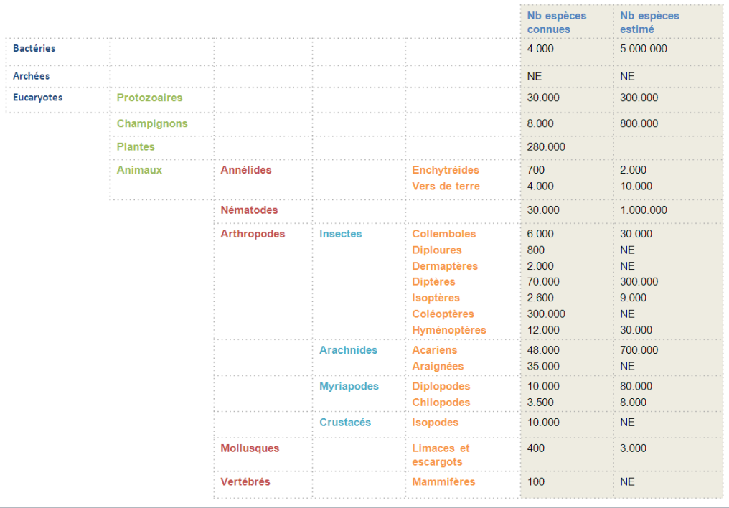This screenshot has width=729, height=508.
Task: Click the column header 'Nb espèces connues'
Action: point(556,22)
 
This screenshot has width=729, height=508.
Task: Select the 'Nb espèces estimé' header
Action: point(649,22)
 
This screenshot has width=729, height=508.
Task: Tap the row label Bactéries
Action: point(34,48)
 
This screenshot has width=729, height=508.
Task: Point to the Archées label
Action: point(31,75)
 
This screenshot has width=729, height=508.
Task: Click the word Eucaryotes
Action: point(37,98)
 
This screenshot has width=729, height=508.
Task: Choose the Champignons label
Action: point(152,123)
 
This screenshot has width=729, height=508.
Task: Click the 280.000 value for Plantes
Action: point(546,146)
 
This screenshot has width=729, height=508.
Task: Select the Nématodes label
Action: point(249,210)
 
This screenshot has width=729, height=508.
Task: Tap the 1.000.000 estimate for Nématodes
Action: point(644,210)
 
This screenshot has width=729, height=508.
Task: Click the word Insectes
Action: point(341,234)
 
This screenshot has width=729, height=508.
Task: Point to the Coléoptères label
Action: point(443,314)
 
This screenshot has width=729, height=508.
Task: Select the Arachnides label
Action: point(348,350)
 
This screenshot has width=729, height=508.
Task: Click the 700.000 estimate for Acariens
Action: point(639,350)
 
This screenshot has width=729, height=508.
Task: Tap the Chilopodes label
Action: point(441,403)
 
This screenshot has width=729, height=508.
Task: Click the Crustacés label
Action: point(345,423)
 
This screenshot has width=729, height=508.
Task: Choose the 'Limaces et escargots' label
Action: point(440,455)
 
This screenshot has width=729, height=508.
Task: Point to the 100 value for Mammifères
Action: point(536,481)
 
